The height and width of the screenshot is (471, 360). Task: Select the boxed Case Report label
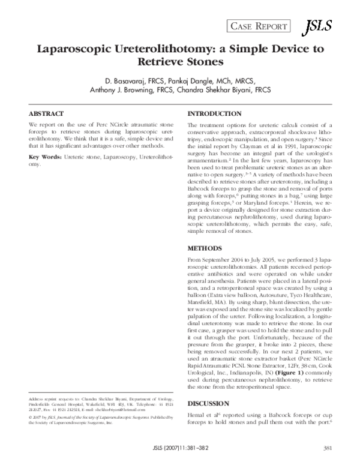(x=257, y=25)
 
